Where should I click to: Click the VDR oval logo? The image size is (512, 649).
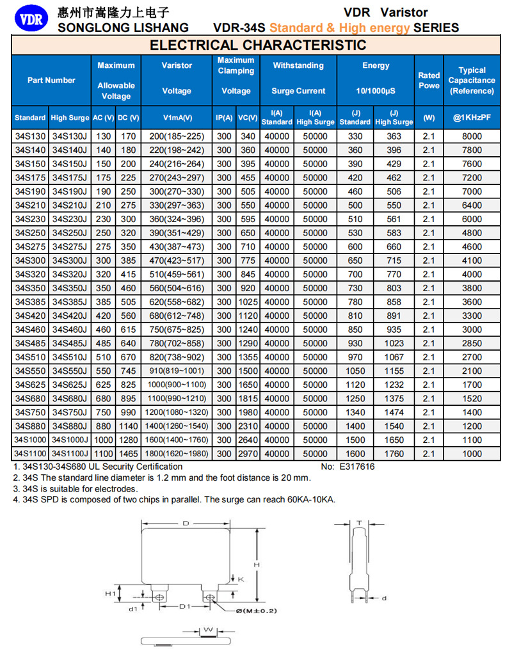[29, 19]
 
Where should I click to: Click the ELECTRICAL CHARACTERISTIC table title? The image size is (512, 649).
[258, 45]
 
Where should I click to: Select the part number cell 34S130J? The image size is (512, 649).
[70, 136]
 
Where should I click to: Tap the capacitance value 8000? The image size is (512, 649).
[472, 136]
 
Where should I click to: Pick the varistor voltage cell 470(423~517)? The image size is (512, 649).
[177, 260]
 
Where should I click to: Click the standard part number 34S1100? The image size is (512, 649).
[30, 454]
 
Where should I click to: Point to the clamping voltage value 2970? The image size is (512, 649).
[247, 454]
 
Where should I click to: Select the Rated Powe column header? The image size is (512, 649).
[429, 80]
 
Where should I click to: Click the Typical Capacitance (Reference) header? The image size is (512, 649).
[472, 80]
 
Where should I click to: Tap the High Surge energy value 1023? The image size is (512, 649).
[394, 344]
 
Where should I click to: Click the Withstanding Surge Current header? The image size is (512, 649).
[298, 77]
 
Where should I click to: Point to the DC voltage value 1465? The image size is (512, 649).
[129, 454]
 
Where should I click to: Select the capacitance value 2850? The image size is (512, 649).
[472, 344]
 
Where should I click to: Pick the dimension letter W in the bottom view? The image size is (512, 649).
[208, 630]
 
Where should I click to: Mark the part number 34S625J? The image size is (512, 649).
[70, 385]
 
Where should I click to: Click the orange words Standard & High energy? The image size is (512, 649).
[340, 28]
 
